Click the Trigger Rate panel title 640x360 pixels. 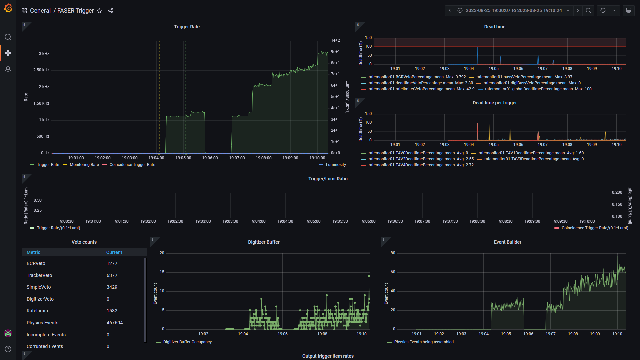187,27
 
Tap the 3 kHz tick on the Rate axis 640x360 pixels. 44,54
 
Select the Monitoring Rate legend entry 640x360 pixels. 84,165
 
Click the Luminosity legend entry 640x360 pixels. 336,165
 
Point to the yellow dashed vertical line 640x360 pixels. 159,97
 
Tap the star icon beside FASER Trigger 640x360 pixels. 99,11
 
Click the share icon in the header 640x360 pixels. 111,11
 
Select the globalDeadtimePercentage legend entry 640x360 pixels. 529,89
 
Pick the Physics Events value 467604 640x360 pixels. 115,323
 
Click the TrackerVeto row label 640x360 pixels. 39,275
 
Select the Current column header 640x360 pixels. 114,252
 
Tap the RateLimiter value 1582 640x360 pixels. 112,311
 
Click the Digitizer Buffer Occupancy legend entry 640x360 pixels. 187,342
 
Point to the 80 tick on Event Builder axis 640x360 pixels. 393,253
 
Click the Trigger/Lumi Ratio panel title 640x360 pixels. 328,179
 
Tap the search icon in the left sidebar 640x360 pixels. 8,37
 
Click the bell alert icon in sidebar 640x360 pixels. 8,69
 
